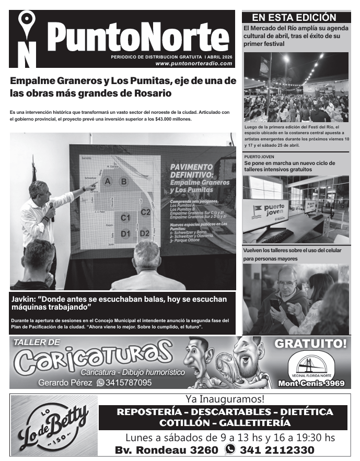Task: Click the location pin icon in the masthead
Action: pos(26,23)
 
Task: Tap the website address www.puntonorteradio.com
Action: pos(193,63)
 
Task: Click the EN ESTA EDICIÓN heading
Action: pos(294,17)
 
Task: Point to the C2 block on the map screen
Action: pos(146,212)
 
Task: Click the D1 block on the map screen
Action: pos(125,233)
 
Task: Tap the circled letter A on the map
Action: pos(108,182)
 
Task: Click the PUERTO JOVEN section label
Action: pos(259,157)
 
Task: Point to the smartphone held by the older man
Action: pos(275,304)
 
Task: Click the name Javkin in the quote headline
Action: pos(25,299)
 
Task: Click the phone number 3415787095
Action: pos(129,383)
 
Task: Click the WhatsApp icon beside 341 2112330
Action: pos(229,450)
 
